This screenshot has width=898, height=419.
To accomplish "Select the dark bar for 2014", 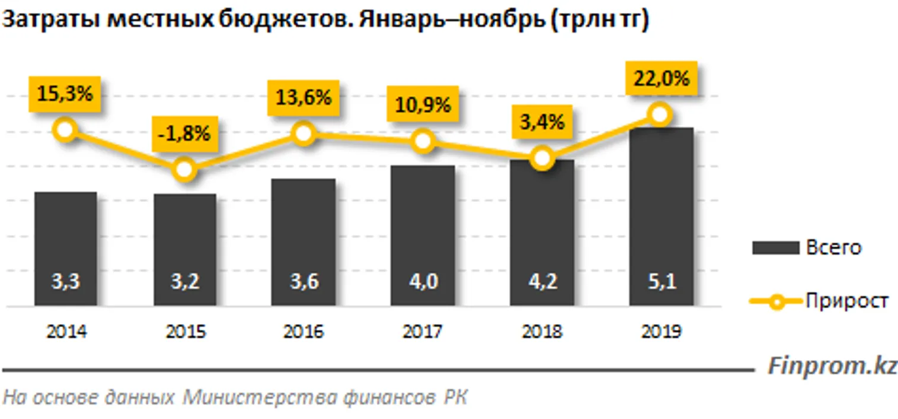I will tap(65, 249).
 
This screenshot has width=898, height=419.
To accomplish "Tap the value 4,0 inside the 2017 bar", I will tap(423, 281).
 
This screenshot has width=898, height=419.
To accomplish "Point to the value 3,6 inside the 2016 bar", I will tap(303, 281).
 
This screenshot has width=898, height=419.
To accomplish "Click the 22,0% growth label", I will tap(661, 78).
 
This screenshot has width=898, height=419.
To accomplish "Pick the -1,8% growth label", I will tap(184, 134).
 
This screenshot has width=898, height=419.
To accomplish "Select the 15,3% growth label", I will tap(65, 94).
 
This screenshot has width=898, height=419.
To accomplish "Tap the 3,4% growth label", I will tap(542, 123).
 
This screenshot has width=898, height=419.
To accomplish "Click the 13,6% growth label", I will tap(303, 97).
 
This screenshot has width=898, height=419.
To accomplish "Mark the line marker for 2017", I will tap(423, 141).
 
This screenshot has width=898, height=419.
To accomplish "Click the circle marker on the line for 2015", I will tap(184, 170).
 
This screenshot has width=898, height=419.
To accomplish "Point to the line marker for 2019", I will tap(660, 113).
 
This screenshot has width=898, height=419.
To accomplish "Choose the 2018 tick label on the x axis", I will tap(542, 332).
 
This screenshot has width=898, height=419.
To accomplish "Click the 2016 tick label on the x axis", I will tap(303, 332).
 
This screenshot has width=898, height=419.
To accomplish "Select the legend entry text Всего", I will tap(833, 247).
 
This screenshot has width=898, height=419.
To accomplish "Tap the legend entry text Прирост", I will tap(846, 301).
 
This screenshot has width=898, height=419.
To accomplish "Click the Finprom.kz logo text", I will tap(832, 366).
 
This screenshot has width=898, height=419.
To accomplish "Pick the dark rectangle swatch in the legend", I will tap(775, 248).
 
